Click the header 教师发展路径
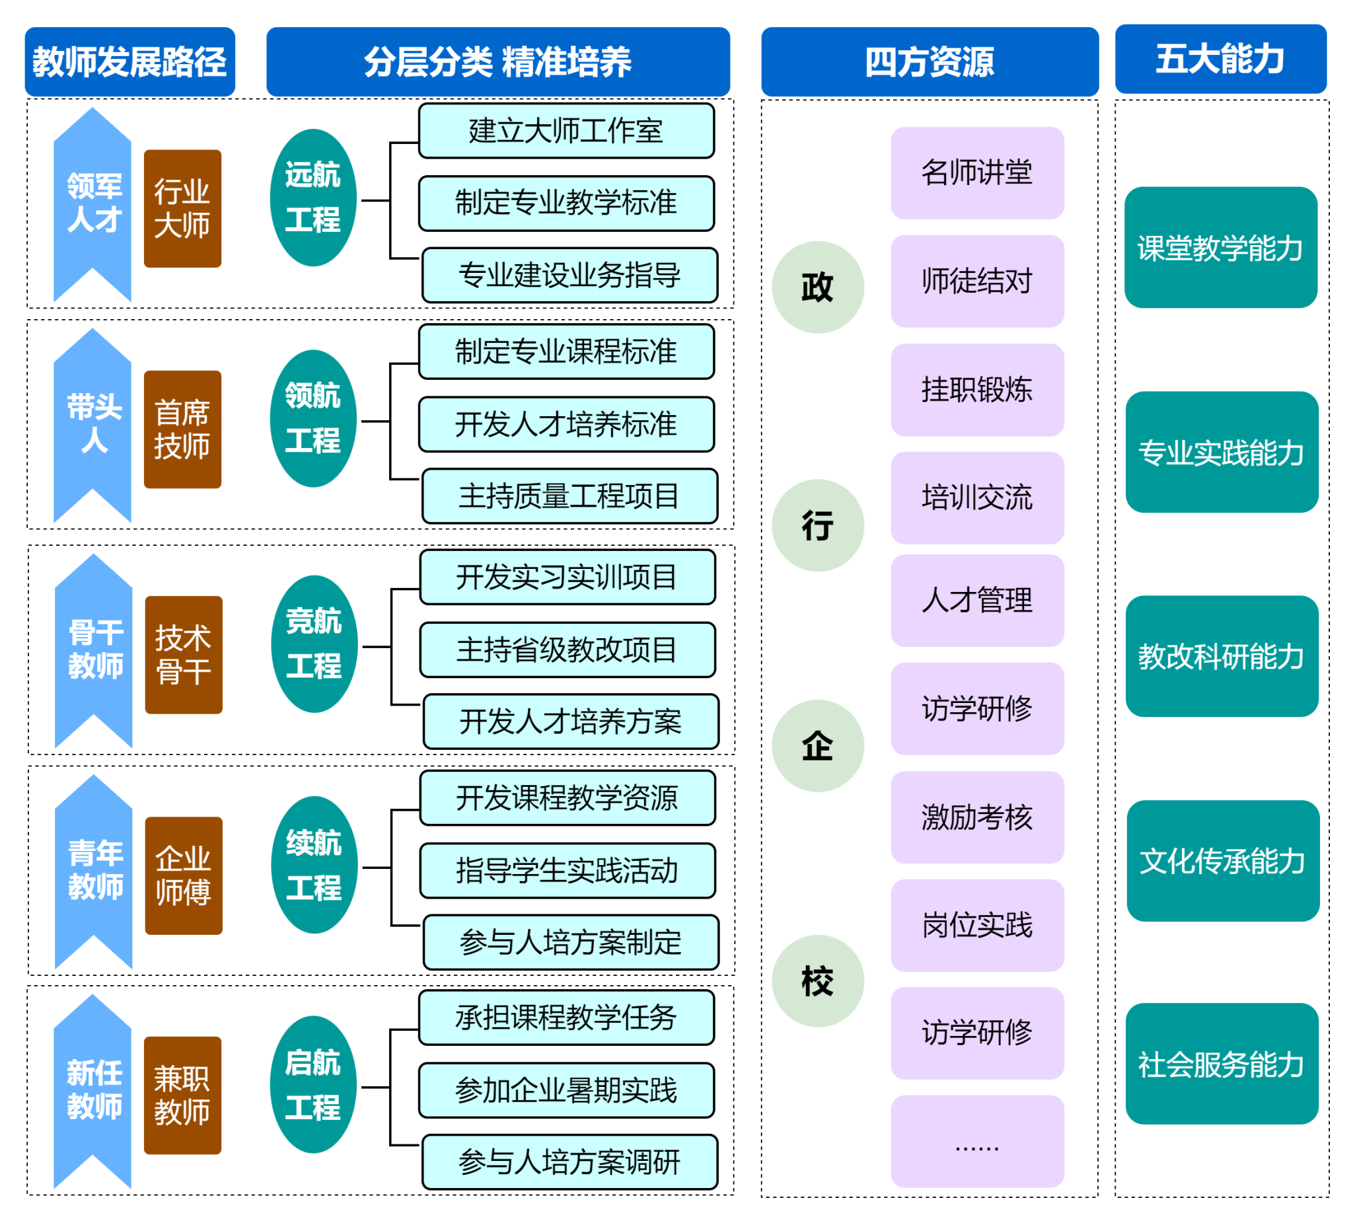pyautogui.click(x=129, y=61)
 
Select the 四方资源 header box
pyautogui.click(x=929, y=61)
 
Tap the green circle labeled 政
pyautogui.click(x=817, y=287)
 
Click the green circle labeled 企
pyautogui.click(x=817, y=745)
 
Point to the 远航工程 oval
pyautogui.click(x=312, y=198)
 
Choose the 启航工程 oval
pyautogui.click(x=312, y=1084)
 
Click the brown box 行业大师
pyautogui.click(x=182, y=209)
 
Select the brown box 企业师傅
pyautogui.click(x=183, y=875)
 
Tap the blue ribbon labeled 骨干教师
pyautogui.click(x=94, y=649)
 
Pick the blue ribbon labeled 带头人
pyautogui.click(x=93, y=424)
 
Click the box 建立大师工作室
pyautogui.click(x=566, y=131)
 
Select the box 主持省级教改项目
pyautogui.click(x=567, y=649)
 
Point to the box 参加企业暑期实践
pyautogui.click(x=566, y=1090)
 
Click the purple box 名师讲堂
pyautogui.click(x=976, y=173)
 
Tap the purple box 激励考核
pyautogui.click(x=976, y=817)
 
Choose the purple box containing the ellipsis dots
pyautogui.click(x=976, y=1141)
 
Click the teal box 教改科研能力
pyautogui.click(x=1221, y=656)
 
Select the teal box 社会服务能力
pyautogui.click(x=1221, y=1064)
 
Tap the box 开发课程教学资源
pyautogui.click(x=567, y=797)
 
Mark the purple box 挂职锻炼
pyautogui.click(x=976, y=390)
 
